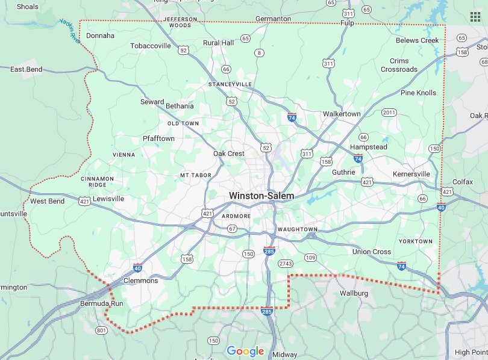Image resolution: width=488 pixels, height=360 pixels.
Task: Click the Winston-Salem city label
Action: click(261, 196)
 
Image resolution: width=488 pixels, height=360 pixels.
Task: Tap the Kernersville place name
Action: click(411, 174)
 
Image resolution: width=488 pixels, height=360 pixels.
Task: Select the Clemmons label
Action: click(140, 281)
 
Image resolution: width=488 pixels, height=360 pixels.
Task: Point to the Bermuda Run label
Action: click(102, 303)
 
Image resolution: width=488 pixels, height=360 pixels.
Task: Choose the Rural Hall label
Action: click(218, 43)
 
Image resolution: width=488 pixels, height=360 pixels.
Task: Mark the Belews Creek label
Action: click(418, 40)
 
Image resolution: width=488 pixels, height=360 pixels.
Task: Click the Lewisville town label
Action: click(108, 198)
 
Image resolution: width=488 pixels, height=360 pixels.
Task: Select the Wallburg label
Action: click(354, 293)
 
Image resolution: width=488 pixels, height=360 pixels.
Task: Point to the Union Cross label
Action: click(372, 252)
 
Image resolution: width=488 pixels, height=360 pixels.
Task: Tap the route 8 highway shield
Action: click(259, 53)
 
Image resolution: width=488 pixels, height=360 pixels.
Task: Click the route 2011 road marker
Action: click(389, 113)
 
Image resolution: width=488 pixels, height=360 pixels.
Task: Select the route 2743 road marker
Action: click(285, 264)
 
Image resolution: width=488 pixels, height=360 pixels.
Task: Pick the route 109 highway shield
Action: click(310, 258)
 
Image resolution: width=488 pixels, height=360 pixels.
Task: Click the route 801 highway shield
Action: click(101, 330)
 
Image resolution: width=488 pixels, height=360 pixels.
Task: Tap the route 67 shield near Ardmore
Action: click(232, 229)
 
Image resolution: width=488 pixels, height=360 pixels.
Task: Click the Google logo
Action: click(245, 351)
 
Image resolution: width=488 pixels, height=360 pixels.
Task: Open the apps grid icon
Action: click(475, 16)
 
